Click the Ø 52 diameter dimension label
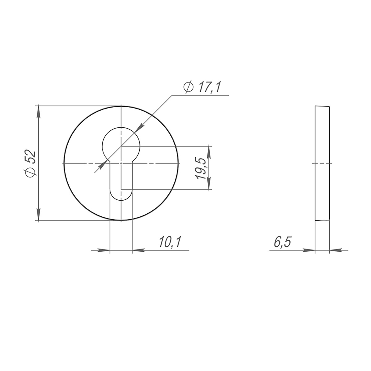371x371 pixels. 30,164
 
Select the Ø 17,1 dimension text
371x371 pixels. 202,87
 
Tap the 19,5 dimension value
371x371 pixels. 201,168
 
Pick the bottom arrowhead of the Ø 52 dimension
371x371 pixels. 39,214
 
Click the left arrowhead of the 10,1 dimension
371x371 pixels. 103,250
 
